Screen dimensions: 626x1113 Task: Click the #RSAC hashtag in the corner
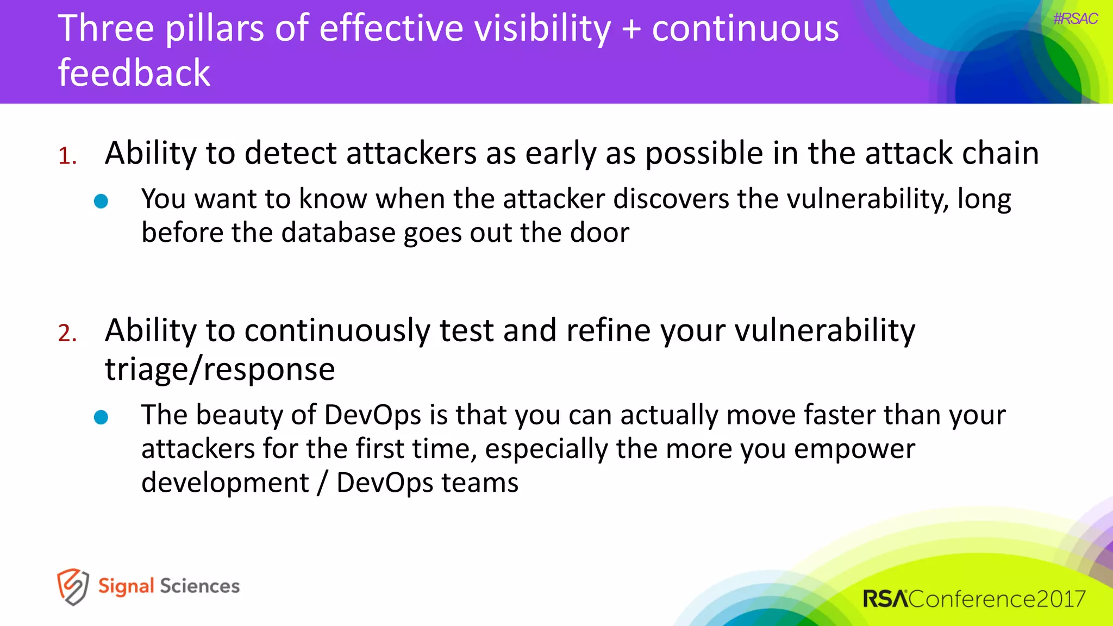pyautogui.click(x=1075, y=19)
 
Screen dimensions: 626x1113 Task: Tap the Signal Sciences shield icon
pyautogui.click(x=72, y=586)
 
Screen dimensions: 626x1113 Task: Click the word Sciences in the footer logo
pyautogui.click(x=199, y=586)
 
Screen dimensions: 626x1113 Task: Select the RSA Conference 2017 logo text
pyautogui.click(x=974, y=599)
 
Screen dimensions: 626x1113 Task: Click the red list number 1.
pyautogui.click(x=67, y=156)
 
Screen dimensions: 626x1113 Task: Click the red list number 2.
pyautogui.click(x=67, y=333)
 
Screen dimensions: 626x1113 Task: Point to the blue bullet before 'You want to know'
pyautogui.click(x=101, y=202)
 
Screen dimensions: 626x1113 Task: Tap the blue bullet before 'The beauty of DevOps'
pyautogui.click(x=101, y=417)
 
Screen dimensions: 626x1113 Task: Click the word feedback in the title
pyautogui.click(x=134, y=73)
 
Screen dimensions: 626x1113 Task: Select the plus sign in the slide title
pyautogui.click(x=631, y=29)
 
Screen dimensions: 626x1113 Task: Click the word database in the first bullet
pyautogui.click(x=338, y=233)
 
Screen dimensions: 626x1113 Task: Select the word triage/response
pyautogui.click(x=220, y=370)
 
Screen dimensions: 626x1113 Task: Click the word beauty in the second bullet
pyautogui.click(x=239, y=415)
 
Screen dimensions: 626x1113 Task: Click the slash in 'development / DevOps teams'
pyautogui.click(x=322, y=483)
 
